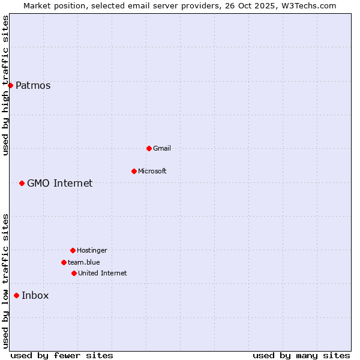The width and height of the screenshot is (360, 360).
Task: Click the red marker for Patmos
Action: click(x=10, y=85)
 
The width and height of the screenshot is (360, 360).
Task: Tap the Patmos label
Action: click(x=33, y=86)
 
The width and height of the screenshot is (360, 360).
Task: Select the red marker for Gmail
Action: click(x=149, y=148)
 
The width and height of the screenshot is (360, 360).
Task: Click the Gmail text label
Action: click(x=162, y=149)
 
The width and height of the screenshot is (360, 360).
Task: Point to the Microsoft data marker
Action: click(x=134, y=171)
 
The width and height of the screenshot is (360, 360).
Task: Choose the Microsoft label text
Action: click(x=152, y=172)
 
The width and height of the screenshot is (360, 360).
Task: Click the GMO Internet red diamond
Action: click(x=22, y=183)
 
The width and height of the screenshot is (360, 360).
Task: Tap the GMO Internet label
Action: click(x=60, y=184)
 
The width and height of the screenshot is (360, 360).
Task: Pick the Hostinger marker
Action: click(x=73, y=250)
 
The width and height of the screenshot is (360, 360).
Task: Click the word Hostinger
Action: click(x=92, y=251)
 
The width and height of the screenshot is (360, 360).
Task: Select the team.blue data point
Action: click(x=64, y=262)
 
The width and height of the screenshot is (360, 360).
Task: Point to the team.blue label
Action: click(x=84, y=263)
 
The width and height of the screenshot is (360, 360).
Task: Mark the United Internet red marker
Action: click(x=74, y=273)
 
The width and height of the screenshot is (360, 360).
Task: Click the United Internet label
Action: click(x=103, y=274)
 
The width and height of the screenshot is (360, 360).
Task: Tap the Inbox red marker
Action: click(x=16, y=295)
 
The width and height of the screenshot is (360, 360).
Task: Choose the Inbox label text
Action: click(x=35, y=296)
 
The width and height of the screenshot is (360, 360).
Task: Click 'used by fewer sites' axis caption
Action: click(x=62, y=356)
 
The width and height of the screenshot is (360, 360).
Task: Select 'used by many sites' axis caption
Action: click(x=301, y=356)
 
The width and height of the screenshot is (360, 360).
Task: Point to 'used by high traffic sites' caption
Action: click(x=5, y=86)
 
